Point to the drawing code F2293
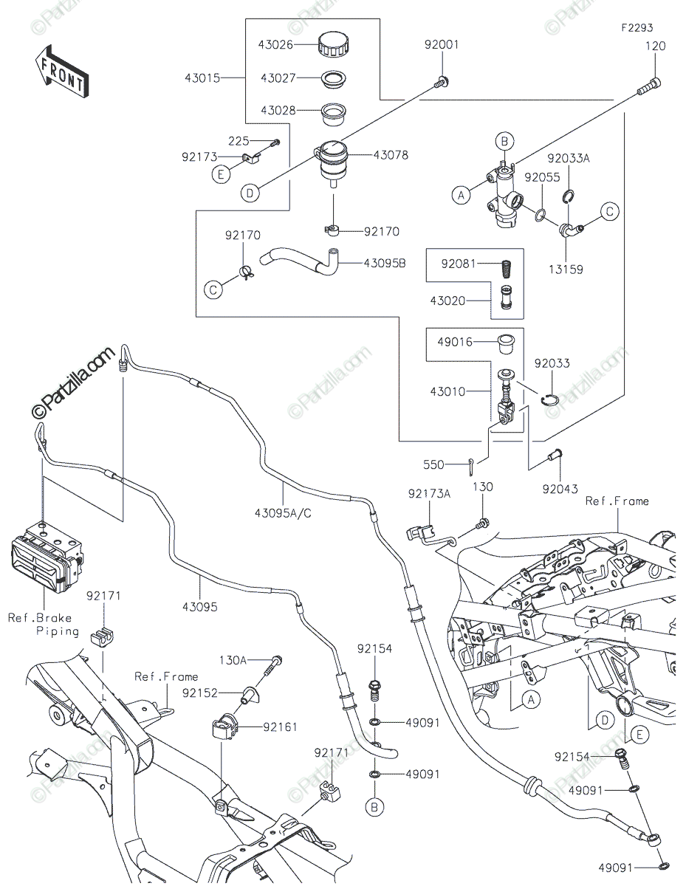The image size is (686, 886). [637, 29]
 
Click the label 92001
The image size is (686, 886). [441, 45]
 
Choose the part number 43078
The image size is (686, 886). [391, 156]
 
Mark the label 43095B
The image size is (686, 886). [384, 263]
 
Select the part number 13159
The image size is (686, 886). [565, 269]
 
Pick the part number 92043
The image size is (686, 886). [559, 488]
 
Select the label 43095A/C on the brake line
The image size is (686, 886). [283, 513]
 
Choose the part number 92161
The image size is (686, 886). [281, 727]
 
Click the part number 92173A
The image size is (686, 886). [428, 492]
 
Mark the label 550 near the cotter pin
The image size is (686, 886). [433, 465]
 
